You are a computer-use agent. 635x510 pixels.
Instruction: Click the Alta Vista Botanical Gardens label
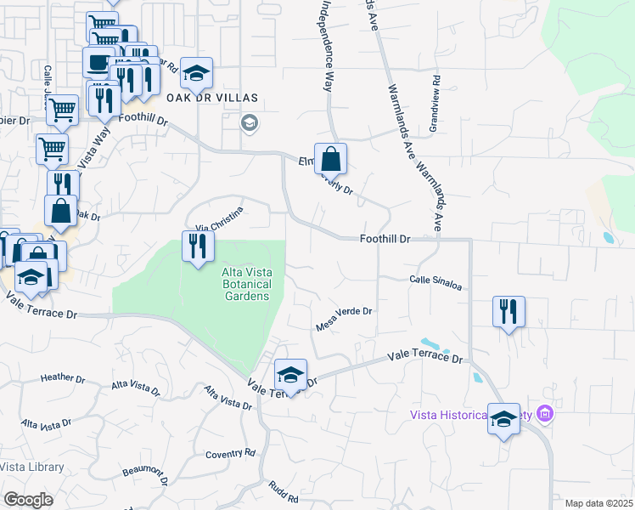point(246,284)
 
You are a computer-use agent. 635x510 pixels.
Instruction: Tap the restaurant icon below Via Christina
point(198,247)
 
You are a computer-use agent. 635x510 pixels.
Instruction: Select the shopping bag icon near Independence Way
point(330,159)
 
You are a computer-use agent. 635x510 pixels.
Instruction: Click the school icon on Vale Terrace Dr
point(290,375)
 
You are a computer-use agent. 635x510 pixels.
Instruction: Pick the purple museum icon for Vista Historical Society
point(545,415)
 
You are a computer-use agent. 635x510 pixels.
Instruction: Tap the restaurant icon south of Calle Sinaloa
point(509,312)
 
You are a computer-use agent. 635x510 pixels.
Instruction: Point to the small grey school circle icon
point(249,124)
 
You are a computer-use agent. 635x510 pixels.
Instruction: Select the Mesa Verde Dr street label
point(344,311)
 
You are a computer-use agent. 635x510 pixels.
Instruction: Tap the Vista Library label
point(31,467)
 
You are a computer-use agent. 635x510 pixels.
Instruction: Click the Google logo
point(28,500)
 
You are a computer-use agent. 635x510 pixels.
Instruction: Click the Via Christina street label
point(220,218)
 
